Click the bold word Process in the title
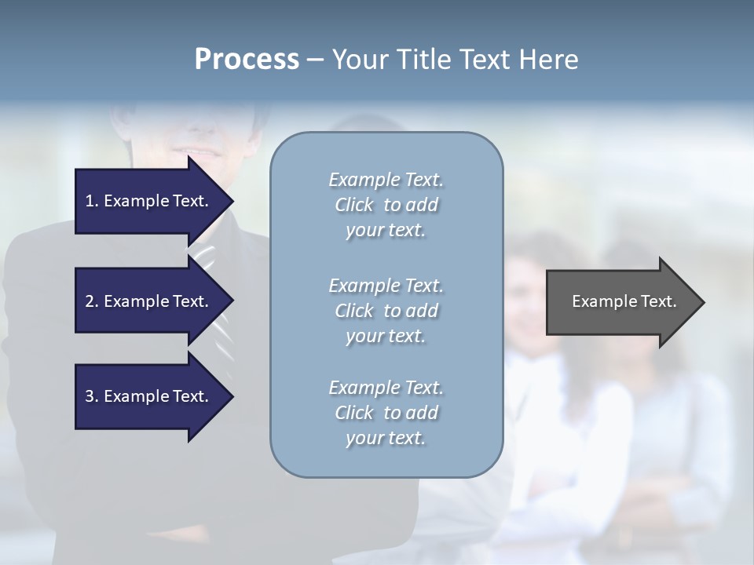click(247, 59)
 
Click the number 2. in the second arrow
click(91, 301)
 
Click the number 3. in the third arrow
click(91, 396)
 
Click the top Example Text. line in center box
click(386, 180)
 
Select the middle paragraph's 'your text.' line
click(386, 336)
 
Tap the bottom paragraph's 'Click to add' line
click(386, 413)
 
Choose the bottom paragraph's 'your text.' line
click(386, 438)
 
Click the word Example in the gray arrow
click(598, 301)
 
